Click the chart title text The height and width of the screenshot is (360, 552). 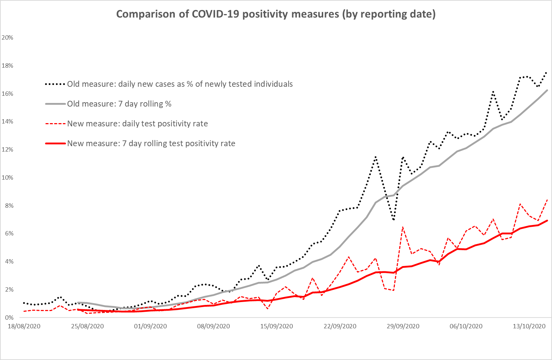(276, 14)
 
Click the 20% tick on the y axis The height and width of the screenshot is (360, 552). (8, 37)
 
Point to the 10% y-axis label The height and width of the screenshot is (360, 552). (8, 177)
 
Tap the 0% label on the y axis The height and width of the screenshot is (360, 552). (9, 318)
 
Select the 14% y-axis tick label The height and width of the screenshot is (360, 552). (8, 122)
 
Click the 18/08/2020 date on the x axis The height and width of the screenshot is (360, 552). (24, 327)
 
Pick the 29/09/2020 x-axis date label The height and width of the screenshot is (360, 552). (403, 327)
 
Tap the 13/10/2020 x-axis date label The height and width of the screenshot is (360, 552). (529, 327)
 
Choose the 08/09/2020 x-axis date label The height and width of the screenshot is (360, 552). (213, 327)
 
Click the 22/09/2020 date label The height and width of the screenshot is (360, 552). (340, 327)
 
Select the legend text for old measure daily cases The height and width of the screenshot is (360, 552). (180, 84)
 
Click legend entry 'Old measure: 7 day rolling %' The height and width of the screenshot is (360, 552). (119, 104)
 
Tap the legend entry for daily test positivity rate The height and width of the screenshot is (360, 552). (137, 124)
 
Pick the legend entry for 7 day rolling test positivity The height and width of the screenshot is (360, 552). (151, 144)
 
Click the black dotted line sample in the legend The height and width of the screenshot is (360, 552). (55, 84)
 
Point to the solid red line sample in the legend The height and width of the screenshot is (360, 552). (55, 144)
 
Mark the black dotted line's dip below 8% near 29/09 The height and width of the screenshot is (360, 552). (394, 220)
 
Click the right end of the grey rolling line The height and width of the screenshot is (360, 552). (547, 90)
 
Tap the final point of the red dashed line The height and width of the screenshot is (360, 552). (547, 199)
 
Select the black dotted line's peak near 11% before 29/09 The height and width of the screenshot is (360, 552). (375, 157)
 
